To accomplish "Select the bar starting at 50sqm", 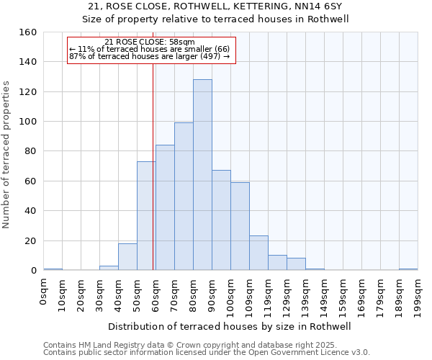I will click(x=146, y=216).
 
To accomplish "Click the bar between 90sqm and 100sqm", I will click(x=221, y=220).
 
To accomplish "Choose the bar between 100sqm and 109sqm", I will click(x=240, y=226).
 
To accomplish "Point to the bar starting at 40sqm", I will click(x=127, y=257).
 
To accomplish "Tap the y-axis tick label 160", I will click(x=28, y=32).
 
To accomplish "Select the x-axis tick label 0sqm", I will click(x=43, y=292).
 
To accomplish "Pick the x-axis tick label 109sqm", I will click(x=249, y=296).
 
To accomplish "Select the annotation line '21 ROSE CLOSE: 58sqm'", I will click(x=149, y=42).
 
